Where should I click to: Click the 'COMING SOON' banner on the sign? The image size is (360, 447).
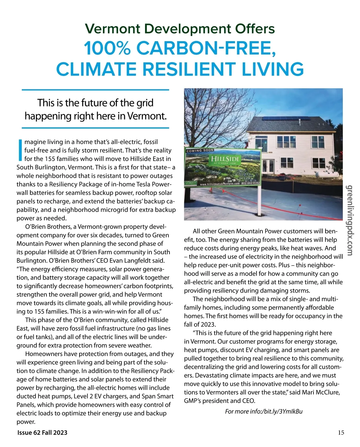point(200,150)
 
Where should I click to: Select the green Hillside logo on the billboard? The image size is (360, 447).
point(225,159)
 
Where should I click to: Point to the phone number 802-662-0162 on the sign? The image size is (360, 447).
point(250,183)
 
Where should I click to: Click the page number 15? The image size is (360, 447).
point(341,432)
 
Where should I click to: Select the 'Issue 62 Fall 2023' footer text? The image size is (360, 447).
point(42,432)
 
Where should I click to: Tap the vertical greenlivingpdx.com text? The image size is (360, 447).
point(350,220)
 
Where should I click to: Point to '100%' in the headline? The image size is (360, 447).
point(107,48)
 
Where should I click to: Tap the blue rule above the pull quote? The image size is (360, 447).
point(95,90)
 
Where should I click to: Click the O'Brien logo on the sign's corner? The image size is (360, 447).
point(190,183)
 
